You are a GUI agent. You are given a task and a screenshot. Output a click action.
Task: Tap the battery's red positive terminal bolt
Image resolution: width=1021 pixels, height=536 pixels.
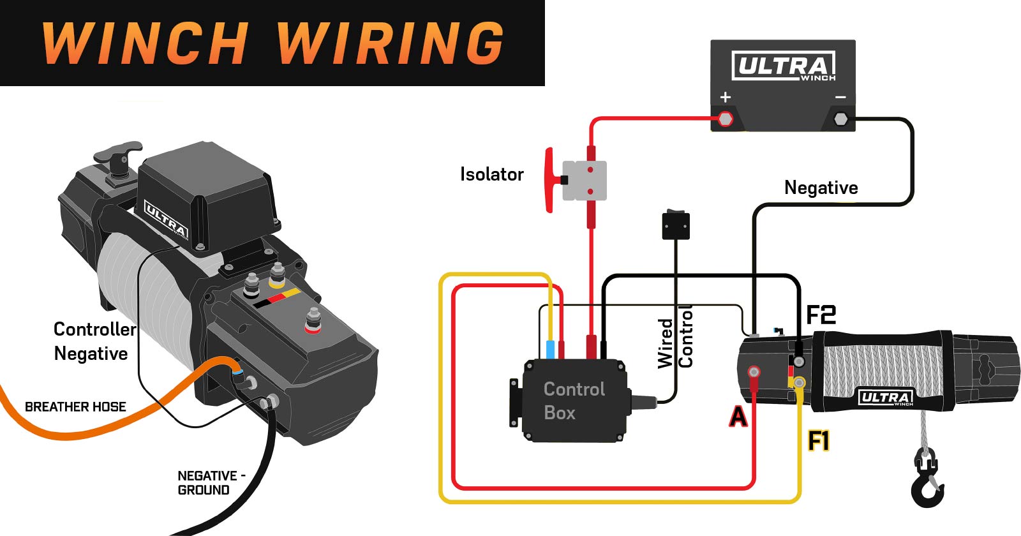[x=726, y=119]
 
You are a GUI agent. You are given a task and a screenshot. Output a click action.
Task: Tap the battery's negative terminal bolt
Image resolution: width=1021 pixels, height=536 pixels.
[x=840, y=119]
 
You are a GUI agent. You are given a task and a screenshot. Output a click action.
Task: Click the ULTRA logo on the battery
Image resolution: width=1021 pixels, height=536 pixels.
[x=784, y=66]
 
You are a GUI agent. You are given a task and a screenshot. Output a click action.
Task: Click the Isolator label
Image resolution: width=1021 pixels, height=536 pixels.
[x=491, y=174]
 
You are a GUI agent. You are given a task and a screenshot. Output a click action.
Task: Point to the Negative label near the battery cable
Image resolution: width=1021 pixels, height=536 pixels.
[x=821, y=188]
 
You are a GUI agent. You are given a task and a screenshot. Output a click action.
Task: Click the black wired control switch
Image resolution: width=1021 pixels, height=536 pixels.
[x=676, y=225]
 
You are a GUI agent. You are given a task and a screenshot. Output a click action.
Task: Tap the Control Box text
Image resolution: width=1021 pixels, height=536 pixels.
[x=573, y=401]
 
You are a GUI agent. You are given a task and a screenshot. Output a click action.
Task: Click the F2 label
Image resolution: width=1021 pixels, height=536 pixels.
[x=821, y=315]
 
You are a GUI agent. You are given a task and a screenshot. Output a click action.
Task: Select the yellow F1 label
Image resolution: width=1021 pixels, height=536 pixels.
[x=818, y=441]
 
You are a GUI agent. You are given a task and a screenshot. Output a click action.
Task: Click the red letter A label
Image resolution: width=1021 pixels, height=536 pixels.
[x=738, y=417]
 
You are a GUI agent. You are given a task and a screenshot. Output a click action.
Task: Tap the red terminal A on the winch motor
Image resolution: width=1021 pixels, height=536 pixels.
[x=754, y=372]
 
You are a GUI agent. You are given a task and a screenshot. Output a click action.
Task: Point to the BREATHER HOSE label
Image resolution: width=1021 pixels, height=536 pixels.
[x=75, y=406]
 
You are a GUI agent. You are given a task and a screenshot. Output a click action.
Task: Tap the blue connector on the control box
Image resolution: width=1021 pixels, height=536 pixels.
[x=550, y=350]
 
